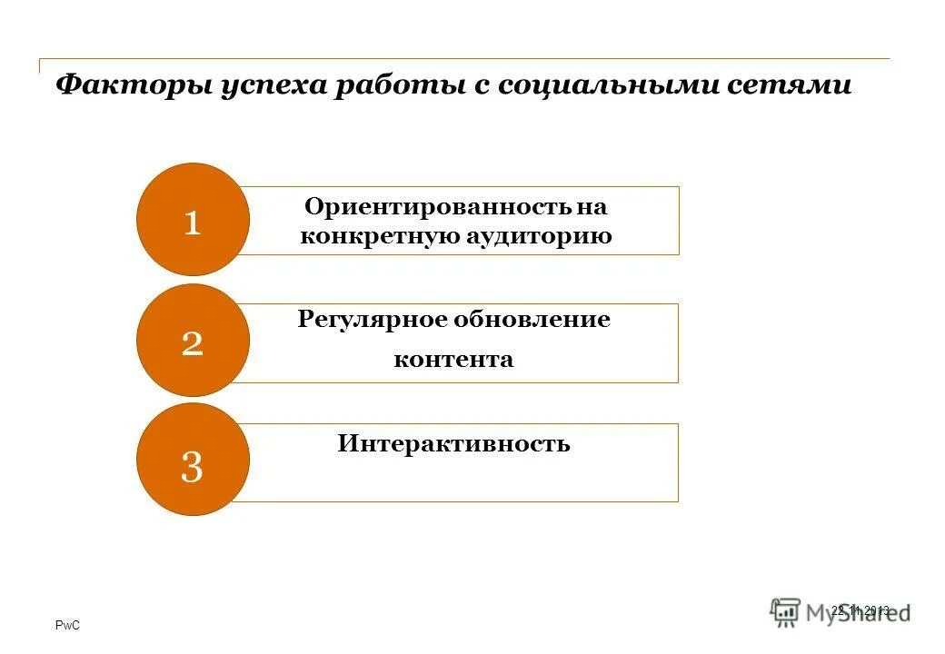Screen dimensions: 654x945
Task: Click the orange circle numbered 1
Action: pyautogui.click(x=193, y=220)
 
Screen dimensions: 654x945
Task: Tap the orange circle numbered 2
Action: pyautogui.click(x=193, y=341)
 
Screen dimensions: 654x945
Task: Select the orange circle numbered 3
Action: pyautogui.click(x=193, y=461)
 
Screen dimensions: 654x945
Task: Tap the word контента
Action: pyautogui.click(x=453, y=360)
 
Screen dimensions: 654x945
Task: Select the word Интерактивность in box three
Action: pyautogui.click(x=453, y=444)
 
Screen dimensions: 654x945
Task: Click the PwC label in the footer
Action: pyautogui.click(x=68, y=626)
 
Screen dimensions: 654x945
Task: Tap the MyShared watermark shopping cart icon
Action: pyautogui.click(x=784, y=611)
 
